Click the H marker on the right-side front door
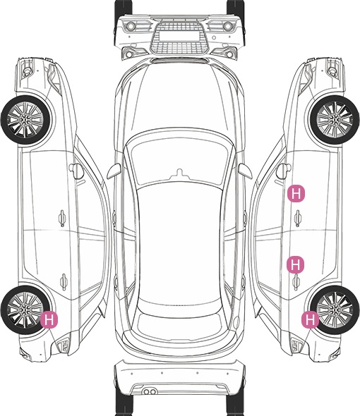click(x=296, y=194)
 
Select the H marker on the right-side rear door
click(x=296, y=264)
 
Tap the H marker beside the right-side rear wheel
click(x=311, y=319)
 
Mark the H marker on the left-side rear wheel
click(x=49, y=319)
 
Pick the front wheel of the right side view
click(x=335, y=120)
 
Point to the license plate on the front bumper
click(x=179, y=35)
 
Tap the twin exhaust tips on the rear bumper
click(x=150, y=391)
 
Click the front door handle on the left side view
click(x=62, y=218)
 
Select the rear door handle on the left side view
click(x=64, y=281)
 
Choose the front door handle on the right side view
click(x=298, y=218)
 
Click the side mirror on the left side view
click(x=76, y=171)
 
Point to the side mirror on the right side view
click(x=284, y=171)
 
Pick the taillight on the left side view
click(x=64, y=345)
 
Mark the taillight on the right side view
click(x=296, y=345)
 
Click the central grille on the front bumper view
click(x=179, y=38)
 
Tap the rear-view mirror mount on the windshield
click(x=180, y=173)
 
